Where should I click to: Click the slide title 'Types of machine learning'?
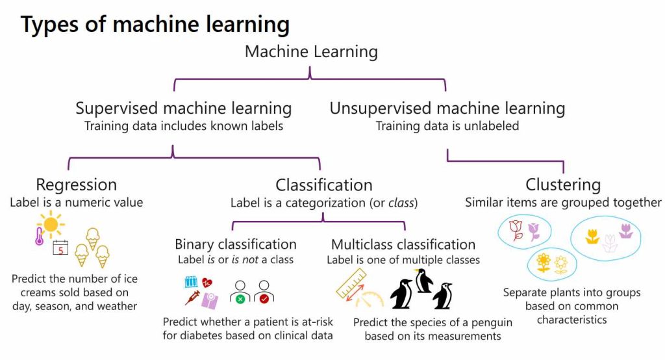[x=155, y=25]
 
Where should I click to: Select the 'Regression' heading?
[x=76, y=185]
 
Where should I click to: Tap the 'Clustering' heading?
[x=563, y=185]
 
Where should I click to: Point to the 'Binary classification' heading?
[x=235, y=244]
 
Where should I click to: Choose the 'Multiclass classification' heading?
[x=403, y=244]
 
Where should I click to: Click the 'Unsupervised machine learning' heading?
[x=447, y=108]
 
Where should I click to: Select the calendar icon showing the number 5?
[x=60, y=248]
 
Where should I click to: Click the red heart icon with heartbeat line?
[x=207, y=283]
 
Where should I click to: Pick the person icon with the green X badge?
[x=240, y=292]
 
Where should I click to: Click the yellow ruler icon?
[x=351, y=283]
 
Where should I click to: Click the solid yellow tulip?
[x=592, y=237]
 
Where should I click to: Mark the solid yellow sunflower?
[x=544, y=263]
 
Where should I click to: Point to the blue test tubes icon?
[x=191, y=282]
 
